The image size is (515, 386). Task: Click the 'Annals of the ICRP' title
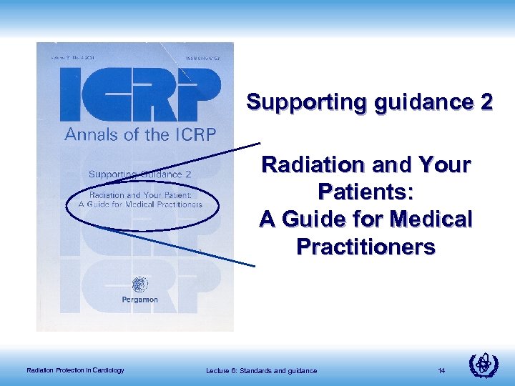140,134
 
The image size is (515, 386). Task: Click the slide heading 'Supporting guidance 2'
369,102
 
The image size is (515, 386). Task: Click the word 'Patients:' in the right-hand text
366,193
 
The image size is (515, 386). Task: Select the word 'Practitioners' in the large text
366,247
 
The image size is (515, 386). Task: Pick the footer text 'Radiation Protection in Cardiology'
75,370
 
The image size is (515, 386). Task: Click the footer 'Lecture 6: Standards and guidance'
261,370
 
